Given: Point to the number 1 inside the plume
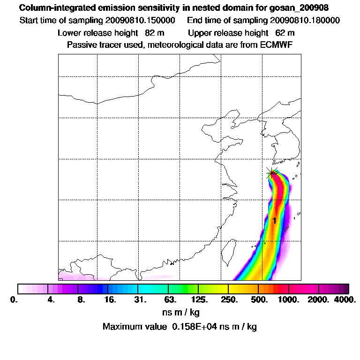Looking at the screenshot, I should (274, 220).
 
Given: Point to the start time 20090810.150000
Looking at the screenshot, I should (146, 21).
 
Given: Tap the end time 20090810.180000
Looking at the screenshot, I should (305, 21).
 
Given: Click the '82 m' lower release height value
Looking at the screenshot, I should (154, 33).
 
